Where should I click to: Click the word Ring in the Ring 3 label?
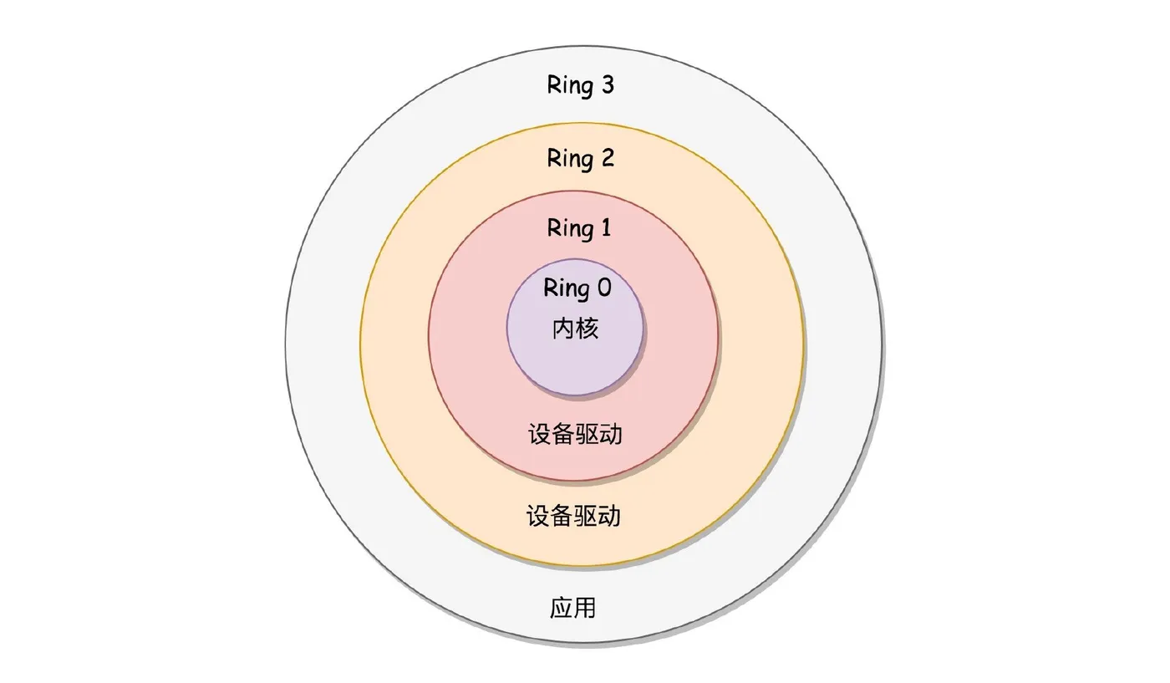pyautogui.click(x=569, y=85)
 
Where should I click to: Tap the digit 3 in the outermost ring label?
pyautogui.click(x=607, y=84)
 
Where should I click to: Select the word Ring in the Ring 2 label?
pyautogui.click(x=569, y=158)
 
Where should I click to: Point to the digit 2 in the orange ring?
pyautogui.click(x=607, y=157)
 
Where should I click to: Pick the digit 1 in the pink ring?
pyautogui.click(x=605, y=227)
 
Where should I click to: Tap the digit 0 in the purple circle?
pyautogui.click(x=603, y=288)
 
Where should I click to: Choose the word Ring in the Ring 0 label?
pyautogui.click(x=566, y=288)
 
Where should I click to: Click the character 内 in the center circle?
pyautogui.click(x=563, y=328)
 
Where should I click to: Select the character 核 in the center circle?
pyautogui.click(x=588, y=328)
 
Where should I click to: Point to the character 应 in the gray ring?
pyautogui.click(x=561, y=608)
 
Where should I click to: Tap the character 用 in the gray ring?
pyautogui.click(x=585, y=608)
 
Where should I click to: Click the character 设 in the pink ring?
pyautogui.click(x=540, y=434)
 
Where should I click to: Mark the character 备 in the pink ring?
pyautogui.click(x=563, y=434)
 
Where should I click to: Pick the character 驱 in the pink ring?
pyautogui.click(x=588, y=434)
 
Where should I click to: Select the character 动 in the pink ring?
pyautogui.click(x=611, y=434)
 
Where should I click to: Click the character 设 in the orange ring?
pyautogui.click(x=538, y=516)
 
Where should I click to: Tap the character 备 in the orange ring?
pyautogui.click(x=562, y=516)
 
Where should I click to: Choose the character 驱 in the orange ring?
pyautogui.click(x=586, y=516)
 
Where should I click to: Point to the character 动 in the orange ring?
pyautogui.click(x=609, y=516)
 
